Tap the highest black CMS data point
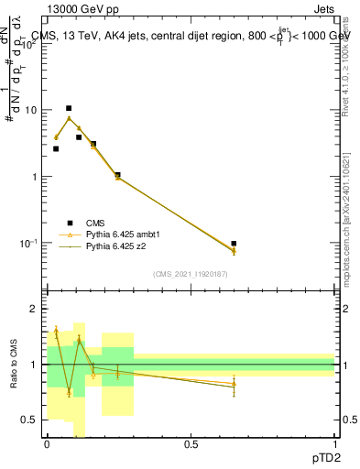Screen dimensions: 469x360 click(69, 108)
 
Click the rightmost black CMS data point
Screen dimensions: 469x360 click(234, 244)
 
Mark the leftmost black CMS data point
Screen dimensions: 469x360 click(56, 148)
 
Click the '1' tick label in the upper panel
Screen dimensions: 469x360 click(34, 177)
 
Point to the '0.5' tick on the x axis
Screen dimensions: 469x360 click(191, 444)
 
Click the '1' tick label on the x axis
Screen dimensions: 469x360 click(334, 444)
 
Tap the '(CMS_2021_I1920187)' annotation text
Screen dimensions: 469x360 click(191, 274)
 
